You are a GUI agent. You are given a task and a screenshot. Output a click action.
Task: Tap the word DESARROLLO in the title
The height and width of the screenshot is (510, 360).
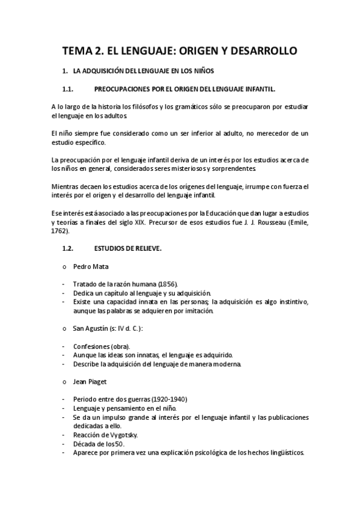click(264, 52)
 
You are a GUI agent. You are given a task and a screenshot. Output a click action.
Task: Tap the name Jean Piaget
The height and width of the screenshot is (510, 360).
click(90, 382)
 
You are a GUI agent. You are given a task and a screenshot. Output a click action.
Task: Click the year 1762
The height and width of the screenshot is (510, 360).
click(59, 231)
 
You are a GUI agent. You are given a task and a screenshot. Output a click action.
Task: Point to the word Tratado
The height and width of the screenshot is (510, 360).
click(84, 283)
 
